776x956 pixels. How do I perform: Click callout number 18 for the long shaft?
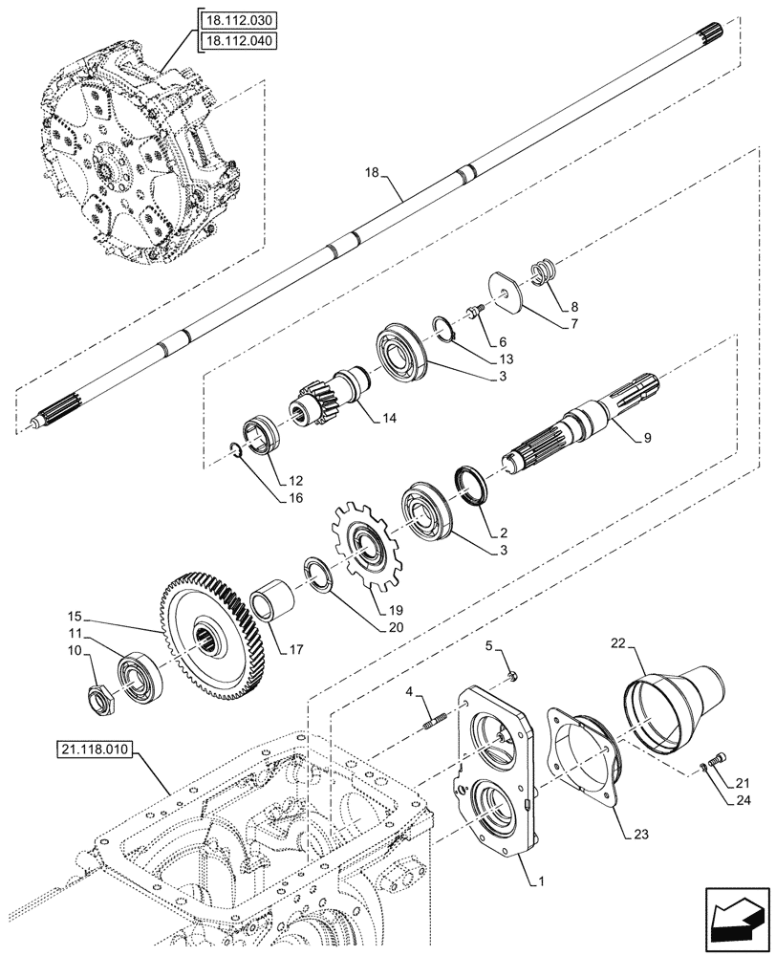(x=373, y=173)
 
